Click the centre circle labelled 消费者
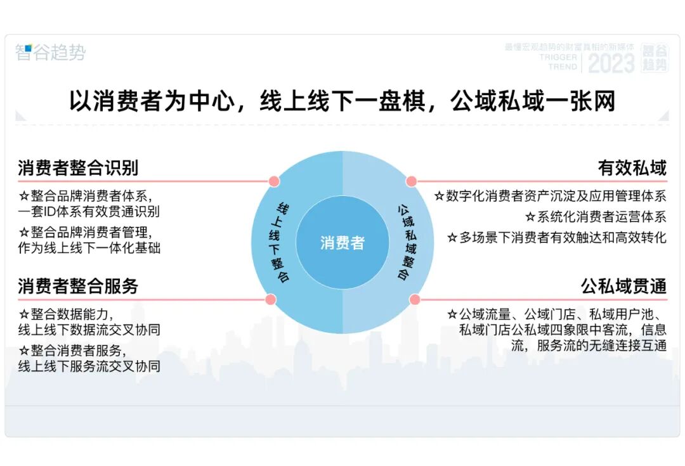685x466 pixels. click(342, 243)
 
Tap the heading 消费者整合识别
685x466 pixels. click(78, 168)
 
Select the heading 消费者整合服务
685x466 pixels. click(78, 286)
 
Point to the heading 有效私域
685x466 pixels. click(632, 168)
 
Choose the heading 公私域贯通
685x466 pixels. click(624, 286)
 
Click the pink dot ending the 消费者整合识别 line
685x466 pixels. click(274, 181)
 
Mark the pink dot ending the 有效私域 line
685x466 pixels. click(412, 181)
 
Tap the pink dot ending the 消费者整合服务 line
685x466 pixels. click(271, 299)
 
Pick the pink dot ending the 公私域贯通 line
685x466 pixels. click(415, 299)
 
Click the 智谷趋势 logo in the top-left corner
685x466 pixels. click(50, 53)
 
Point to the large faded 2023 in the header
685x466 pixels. click(611, 63)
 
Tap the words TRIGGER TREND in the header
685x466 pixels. click(558, 61)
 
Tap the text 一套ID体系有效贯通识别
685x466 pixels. click(89, 212)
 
